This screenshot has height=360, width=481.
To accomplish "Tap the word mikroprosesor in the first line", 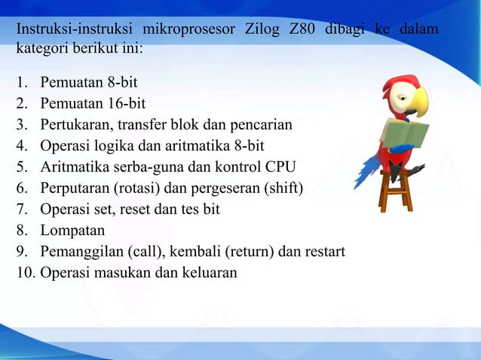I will click(188, 30).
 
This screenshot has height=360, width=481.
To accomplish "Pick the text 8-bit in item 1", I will click(121, 82).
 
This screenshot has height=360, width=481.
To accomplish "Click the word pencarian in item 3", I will click(271, 124).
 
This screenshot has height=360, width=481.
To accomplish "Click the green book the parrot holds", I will click(407, 134).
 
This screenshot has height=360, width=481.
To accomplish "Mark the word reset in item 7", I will click(128, 209).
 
